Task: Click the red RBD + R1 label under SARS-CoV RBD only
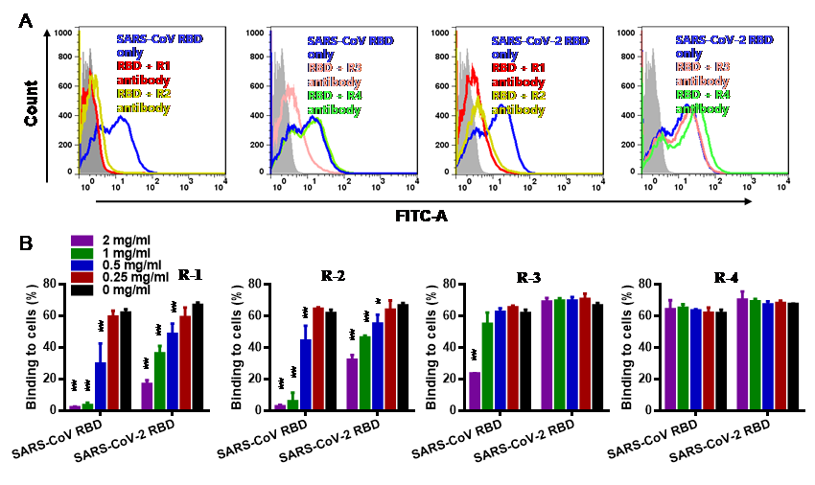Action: pyautogui.click(x=143, y=68)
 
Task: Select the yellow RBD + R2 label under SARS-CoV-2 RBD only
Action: pyautogui.click(x=519, y=96)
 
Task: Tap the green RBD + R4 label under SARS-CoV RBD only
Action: pyautogui.click(x=334, y=96)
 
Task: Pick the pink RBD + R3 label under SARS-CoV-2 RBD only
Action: pyautogui.click(x=703, y=68)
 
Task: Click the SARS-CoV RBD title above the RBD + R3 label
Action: pyautogui.click(x=350, y=41)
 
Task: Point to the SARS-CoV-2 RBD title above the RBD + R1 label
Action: pyautogui.click(x=540, y=41)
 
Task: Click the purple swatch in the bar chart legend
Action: pyautogui.click(x=82, y=241)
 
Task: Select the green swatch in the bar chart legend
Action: pyautogui.click(x=82, y=253)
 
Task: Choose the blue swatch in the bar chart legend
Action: pyautogui.click(x=82, y=266)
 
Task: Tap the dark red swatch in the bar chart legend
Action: pyautogui.click(x=82, y=278)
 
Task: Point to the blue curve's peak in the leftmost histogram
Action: pyautogui.click(x=122, y=117)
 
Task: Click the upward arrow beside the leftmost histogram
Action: pyautogui.click(x=47, y=35)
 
